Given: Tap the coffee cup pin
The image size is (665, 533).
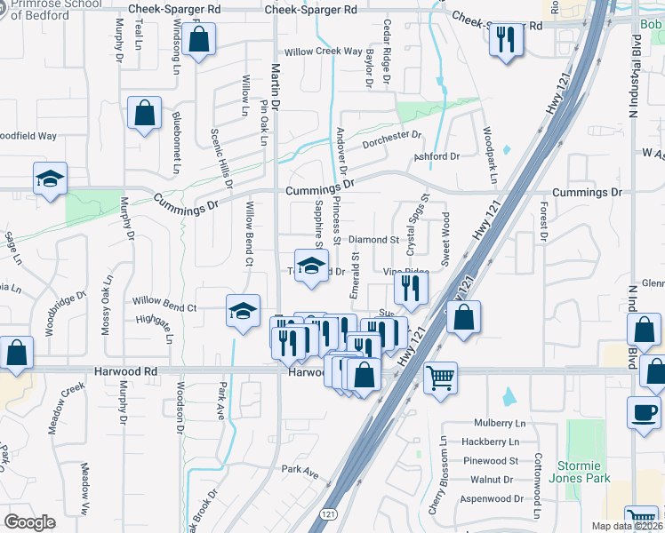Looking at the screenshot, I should (x=643, y=411).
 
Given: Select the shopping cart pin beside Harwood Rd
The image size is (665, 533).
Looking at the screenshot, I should (x=440, y=378).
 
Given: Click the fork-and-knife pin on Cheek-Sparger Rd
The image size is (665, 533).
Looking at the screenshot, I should (x=506, y=39).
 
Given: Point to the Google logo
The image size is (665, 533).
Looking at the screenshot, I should (x=29, y=522).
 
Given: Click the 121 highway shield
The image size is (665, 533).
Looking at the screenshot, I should (x=329, y=515).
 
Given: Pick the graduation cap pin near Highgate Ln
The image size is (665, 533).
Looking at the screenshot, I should (x=243, y=312).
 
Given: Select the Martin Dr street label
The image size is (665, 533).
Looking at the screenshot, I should (x=276, y=86).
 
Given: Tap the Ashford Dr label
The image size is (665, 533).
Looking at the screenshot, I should (x=437, y=156).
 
